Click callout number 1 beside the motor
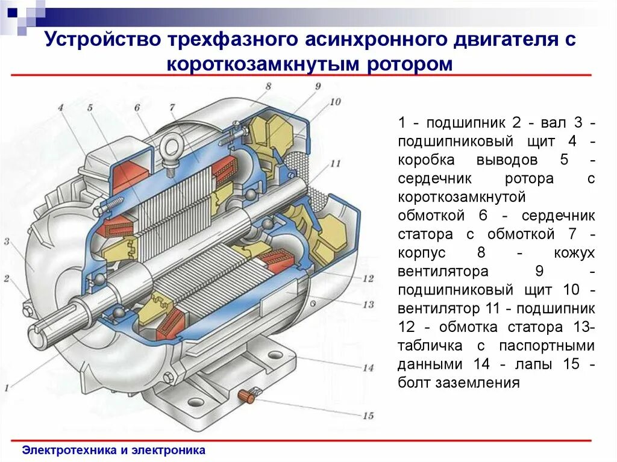[x=7, y=389]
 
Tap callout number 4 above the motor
[x=61, y=108]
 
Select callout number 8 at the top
[x=268, y=86]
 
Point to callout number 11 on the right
[x=336, y=163]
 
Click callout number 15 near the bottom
[x=368, y=416]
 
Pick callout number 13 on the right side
[x=369, y=304]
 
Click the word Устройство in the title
[x=96, y=40]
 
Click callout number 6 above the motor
[x=137, y=107]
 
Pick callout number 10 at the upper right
[x=335, y=101]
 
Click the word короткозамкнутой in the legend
[x=462, y=197]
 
